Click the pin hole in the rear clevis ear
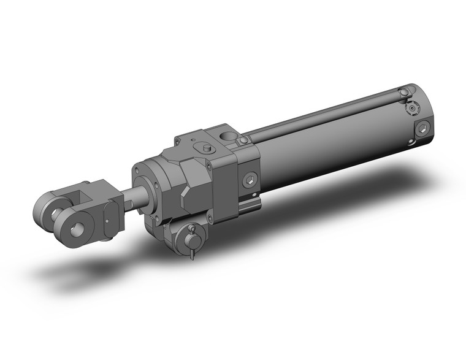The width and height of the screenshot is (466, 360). pos(53,213)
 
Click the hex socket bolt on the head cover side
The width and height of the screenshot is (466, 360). pos(250,180)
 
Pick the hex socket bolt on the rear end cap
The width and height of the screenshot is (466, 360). pos(422,129)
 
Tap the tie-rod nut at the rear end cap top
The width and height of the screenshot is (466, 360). pos(403,93)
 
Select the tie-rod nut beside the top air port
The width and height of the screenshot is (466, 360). pos(243,142)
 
